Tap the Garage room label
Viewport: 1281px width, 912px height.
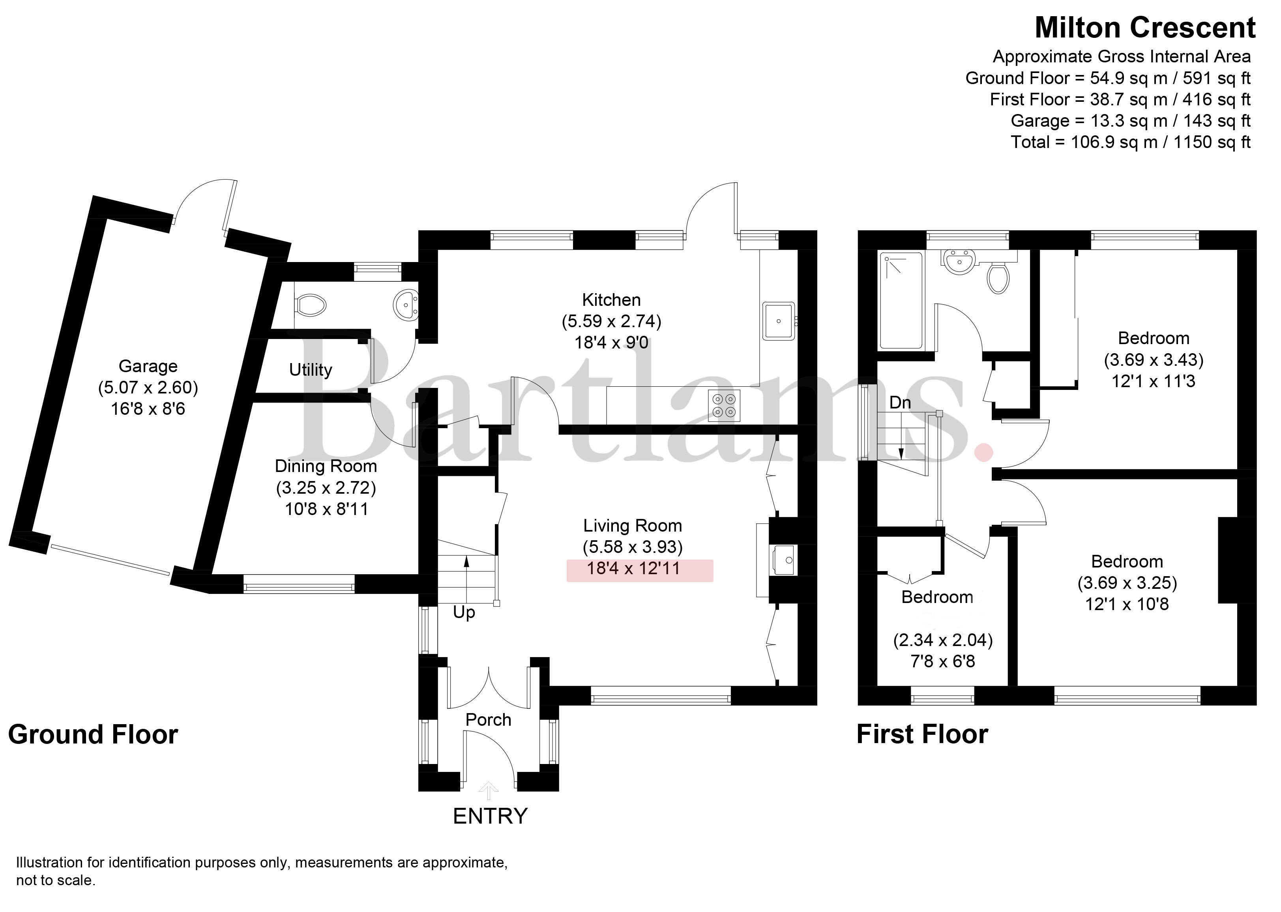pyautogui.click(x=148, y=366)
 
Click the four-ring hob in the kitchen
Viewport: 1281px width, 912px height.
pyautogui.click(x=724, y=405)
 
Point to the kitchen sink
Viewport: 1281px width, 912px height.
pyautogui.click(x=778, y=321)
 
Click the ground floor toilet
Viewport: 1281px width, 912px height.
pyautogui.click(x=311, y=305)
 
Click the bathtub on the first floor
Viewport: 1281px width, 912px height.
pyautogui.click(x=901, y=301)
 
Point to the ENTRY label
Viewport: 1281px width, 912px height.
pyautogui.click(x=490, y=816)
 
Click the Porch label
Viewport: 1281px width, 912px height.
pyautogui.click(x=489, y=719)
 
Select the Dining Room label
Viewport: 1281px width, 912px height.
pyautogui.click(x=326, y=466)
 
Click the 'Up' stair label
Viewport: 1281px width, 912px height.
pyautogui.click(x=464, y=613)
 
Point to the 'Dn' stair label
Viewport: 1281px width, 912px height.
pyautogui.click(x=900, y=402)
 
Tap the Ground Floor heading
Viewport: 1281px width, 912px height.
pyautogui.click(x=93, y=734)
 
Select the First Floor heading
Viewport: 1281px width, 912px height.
pyautogui.click(x=922, y=734)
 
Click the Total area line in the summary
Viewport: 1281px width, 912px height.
pyautogui.click(x=1131, y=142)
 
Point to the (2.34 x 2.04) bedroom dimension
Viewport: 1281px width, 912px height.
pyautogui.click(x=943, y=640)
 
